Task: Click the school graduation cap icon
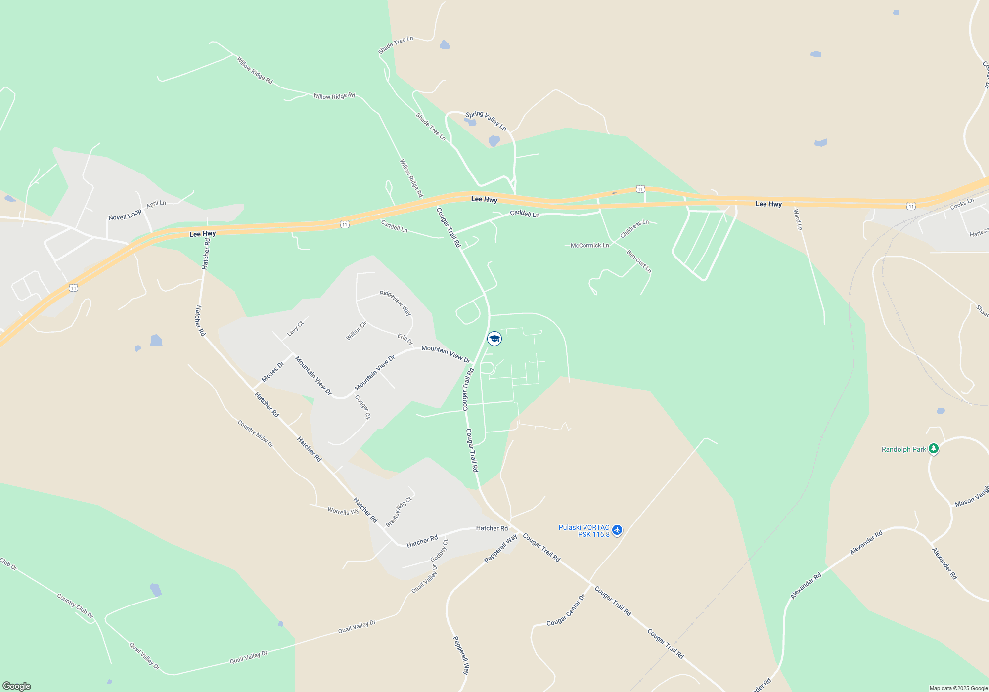[x=494, y=339]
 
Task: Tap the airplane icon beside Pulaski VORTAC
[x=617, y=530]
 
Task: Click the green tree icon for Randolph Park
[x=933, y=449]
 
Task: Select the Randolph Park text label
[x=903, y=449]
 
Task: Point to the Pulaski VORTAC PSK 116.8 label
[x=584, y=531]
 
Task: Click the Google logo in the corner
[x=17, y=686]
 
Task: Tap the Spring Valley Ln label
[x=486, y=120]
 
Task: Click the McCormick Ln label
[x=589, y=245]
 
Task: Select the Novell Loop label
[x=125, y=215]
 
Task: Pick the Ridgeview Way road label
[x=396, y=303]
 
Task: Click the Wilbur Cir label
[x=356, y=331]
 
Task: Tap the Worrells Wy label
[x=343, y=511]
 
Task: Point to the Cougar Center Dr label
[x=566, y=610]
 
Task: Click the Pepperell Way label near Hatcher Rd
[x=500, y=548]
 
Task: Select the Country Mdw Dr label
[x=255, y=433]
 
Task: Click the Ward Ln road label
[x=798, y=220]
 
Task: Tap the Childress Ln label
[x=634, y=228]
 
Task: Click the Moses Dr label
[x=272, y=372]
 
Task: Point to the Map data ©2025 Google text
[x=958, y=688]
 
